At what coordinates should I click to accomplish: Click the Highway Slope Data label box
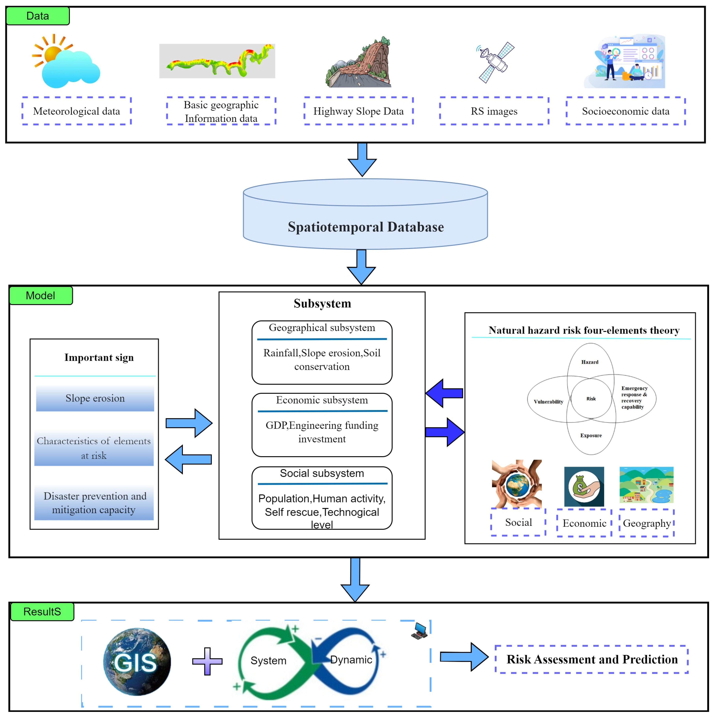tap(358, 111)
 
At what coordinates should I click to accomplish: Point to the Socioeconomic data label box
tap(626, 111)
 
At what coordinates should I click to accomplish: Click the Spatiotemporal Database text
tap(366, 227)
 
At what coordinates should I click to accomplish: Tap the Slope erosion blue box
tap(95, 398)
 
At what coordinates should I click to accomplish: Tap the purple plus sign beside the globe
tap(207, 661)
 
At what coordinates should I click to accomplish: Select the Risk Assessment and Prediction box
tap(592, 659)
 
